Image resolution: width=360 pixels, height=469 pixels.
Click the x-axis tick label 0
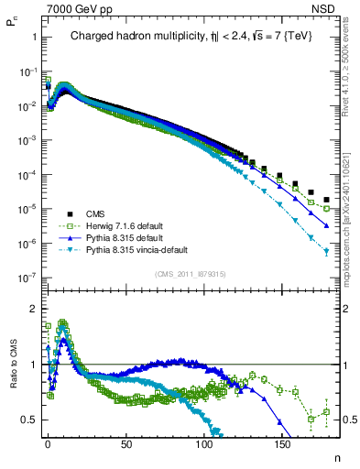coord(48,444)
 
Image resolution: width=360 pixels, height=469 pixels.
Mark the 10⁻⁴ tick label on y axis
coord(28,174)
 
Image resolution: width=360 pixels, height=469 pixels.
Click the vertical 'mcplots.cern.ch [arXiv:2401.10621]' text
coord(351,211)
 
